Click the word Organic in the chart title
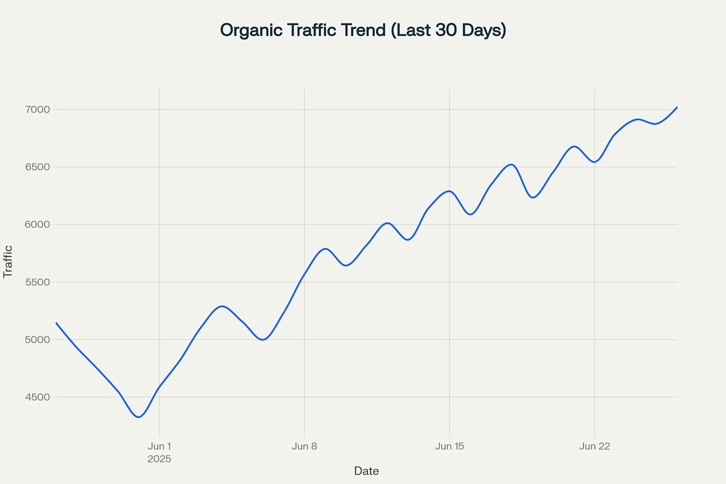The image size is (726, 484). click(x=251, y=30)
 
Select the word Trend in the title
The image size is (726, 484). click(x=363, y=30)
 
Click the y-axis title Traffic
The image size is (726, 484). click(x=8, y=261)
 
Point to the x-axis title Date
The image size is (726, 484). click(x=366, y=471)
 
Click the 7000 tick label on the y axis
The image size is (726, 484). click(x=37, y=110)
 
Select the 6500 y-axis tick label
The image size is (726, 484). click(x=37, y=167)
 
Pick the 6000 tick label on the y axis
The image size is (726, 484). click(x=37, y=225)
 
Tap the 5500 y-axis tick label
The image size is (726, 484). click(x=37, y=282)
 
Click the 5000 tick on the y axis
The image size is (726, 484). click(x=37, y=339)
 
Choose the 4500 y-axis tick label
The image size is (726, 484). click(x=37, y=397)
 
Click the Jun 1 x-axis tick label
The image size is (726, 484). click(x=159, y=446)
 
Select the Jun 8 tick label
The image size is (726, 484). click(x=304, y=446)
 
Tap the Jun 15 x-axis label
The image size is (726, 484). click(x=449, y=446)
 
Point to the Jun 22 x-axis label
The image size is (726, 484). click(x=595, y=446)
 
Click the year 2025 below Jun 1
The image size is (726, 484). click(x=159, y=459)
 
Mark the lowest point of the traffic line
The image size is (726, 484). click(x=138, y=417)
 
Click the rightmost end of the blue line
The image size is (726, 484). click(x=677, y=107)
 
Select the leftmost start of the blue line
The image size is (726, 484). click(x=56, y=323)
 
